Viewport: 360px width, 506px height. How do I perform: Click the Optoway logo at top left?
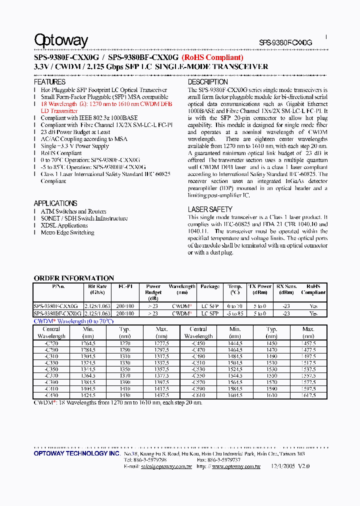[x=61, y=40]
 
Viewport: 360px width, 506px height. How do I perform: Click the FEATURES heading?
[x=49, y=81]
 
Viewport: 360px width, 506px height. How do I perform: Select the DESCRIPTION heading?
[x=207, y=81]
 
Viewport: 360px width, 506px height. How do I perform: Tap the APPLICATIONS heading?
[x=55, y=203]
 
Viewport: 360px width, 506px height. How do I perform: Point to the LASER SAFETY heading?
[x=210, y=209]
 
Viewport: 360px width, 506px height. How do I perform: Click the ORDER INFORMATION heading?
[x=74, y=278]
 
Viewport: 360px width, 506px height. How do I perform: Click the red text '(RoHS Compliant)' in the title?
[x=212, y=58]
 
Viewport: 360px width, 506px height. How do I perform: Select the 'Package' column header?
[x=210, y=286]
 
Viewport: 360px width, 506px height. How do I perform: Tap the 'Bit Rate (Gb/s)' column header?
[x=96, y=289]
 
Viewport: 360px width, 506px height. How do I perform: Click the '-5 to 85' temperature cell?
[x=235, y=313]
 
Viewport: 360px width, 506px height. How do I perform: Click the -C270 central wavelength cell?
[x=51, y=344]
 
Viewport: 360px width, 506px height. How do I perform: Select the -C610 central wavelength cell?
[x=198, y=395]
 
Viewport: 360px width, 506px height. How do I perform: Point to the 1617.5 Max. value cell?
[x=308, y=395]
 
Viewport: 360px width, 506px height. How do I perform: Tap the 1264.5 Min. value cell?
[x=88, y=344]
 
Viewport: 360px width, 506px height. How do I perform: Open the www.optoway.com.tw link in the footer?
[x=236, y=466]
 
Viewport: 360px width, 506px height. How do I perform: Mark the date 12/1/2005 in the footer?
[x=282, y=466]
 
